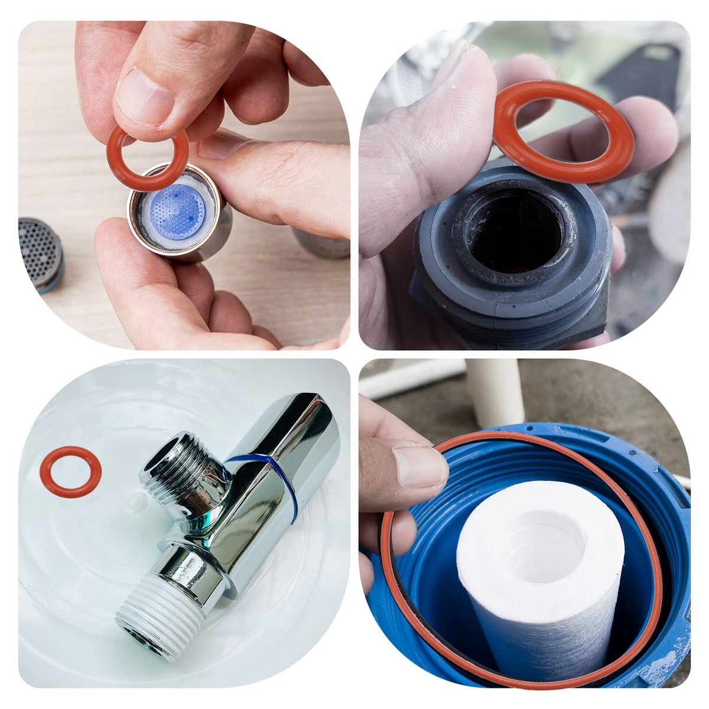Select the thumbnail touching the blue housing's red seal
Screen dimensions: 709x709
[419, 467]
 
